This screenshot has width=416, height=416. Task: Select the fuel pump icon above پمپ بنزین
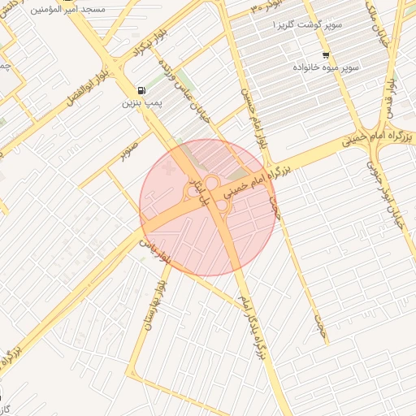[x=143, y=90]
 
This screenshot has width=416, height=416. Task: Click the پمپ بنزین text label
[x=137, y=103]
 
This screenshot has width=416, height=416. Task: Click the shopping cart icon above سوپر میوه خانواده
[x=325, y=55]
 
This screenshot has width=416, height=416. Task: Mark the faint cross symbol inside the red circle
[x=167, y=168]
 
